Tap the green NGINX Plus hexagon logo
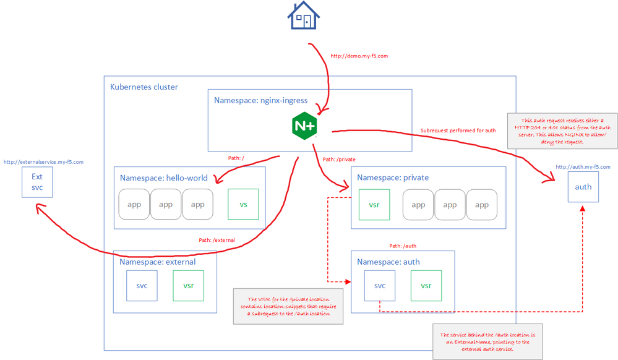pos(304,125)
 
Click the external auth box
pos(583,187)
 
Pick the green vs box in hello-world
pos(244,204)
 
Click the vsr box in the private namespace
pos(374,205)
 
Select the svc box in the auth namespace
pos(380,286)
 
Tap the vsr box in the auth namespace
pos(426,286)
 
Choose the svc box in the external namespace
pos(142,286)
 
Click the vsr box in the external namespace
pos(188,286)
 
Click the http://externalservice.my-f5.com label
pos(43,162)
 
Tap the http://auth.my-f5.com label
pos(583,167)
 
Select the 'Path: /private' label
pos(338,160)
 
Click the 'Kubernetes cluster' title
pos(144,87)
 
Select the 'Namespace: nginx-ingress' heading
pos(260,100)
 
